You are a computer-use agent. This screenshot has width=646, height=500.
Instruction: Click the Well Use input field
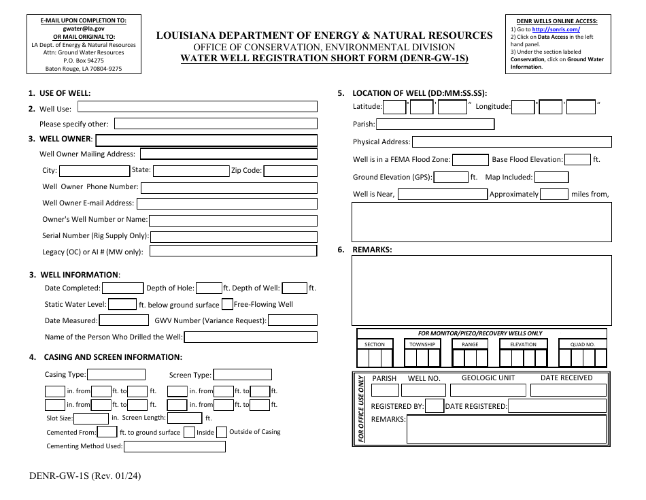197,107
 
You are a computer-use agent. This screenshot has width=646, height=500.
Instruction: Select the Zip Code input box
290,171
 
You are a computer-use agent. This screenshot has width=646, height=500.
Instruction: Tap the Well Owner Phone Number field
228,188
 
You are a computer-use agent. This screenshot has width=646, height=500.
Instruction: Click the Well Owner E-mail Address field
226,203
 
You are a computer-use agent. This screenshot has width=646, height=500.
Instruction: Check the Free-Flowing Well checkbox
227,305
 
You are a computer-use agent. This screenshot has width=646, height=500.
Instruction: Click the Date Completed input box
122,288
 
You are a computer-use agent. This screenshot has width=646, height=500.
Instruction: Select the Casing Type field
116,375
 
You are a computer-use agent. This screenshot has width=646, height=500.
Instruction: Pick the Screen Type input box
242,375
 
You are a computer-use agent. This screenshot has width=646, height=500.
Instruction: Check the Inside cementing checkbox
189,432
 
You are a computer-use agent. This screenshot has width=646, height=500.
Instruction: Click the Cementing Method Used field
175,447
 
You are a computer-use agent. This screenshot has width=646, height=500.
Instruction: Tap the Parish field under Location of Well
435,124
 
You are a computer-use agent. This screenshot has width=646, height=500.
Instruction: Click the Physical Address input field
511,142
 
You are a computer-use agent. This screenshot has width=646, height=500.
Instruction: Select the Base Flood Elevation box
577,160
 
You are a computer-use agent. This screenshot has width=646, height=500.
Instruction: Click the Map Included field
551,178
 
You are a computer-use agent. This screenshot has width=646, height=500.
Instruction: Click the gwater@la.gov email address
84,29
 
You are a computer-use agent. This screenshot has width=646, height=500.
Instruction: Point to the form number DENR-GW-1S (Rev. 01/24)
86,476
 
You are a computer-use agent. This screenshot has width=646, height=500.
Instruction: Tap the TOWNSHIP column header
422,344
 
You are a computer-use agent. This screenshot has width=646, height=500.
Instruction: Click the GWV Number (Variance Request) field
291,320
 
